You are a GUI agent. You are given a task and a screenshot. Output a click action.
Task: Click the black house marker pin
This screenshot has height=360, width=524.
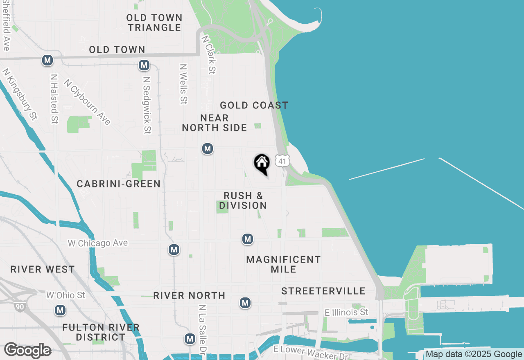click(x=262, y=164)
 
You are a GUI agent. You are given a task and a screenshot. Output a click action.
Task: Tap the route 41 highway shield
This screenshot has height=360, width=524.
click(x=282, y=161)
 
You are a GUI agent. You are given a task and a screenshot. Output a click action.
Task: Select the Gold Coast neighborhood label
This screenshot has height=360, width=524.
click(x=254, y=106)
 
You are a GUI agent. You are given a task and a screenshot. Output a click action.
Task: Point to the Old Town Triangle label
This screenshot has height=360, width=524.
click(x=154, y=22)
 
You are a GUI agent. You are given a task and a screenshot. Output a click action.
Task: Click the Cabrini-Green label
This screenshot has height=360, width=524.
click(x=119, y=184)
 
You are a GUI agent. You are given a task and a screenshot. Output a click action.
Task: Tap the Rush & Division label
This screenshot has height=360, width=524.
click(x=243, y=200)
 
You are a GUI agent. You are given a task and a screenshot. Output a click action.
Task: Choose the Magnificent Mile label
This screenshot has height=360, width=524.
click(x=283, y=264)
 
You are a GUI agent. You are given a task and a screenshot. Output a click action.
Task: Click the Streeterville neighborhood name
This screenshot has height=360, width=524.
click(x=323, y=291)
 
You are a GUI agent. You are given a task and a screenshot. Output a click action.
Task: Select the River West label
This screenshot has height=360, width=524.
click(x=43, y=269)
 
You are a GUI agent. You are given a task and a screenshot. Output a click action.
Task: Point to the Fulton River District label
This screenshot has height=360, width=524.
click(x=101, y=332)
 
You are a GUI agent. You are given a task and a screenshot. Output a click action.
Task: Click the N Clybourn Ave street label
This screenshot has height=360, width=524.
click(x=87, y=102)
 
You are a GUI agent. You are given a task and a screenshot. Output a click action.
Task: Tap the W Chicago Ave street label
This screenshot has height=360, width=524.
click(x=98, y=243)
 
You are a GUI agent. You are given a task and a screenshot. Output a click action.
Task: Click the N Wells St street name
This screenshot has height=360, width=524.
click(x=183, y=84)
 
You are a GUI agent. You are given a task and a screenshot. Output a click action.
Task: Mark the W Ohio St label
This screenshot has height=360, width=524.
click(x=65, y=295)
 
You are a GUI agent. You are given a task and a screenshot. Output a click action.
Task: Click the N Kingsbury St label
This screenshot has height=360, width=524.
click(x=20, y=94)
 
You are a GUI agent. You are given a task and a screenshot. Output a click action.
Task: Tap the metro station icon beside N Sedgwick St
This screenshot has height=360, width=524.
click(x=144, y=65)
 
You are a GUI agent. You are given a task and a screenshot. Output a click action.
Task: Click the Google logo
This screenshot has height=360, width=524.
click(x=27, y=351)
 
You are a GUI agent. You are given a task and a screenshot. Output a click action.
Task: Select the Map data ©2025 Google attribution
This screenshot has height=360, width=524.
click(x=474, y=354)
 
